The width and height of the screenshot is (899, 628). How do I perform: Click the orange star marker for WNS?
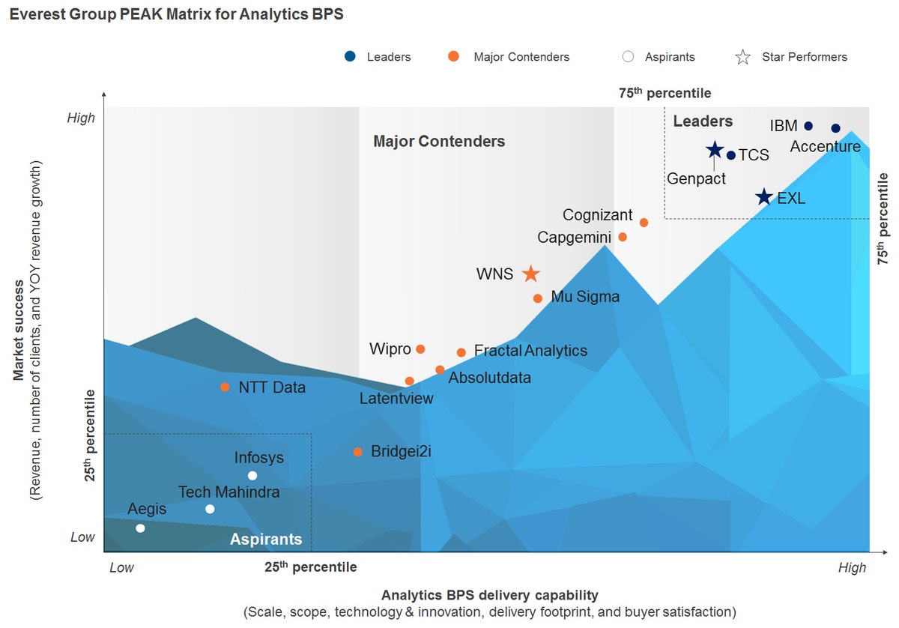coord(530,274)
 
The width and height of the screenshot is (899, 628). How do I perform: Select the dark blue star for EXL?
coord(763,197)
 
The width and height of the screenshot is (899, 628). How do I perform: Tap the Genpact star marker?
coord(715,150)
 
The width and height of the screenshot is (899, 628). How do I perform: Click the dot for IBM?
coord(808,126)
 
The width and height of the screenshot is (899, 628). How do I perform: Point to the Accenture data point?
coord(836,128)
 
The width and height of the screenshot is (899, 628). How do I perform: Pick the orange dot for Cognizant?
coord(644,223)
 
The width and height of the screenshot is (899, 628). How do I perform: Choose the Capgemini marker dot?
coord(622,237)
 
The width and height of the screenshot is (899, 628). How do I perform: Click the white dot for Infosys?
coord(252,476)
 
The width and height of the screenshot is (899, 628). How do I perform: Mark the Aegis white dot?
coord(140,528)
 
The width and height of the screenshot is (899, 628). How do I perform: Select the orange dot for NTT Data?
coord(225,387)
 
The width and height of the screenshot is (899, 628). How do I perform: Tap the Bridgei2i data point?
coord(357,452)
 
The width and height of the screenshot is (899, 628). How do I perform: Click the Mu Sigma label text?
coord(585,297)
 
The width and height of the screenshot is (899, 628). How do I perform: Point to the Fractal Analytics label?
coord(530,351)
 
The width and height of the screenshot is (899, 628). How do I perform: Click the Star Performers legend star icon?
coord(742,57)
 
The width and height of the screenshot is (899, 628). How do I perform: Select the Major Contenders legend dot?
coord(453,56)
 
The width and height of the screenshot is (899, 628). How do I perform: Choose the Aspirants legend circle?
coord(628,57)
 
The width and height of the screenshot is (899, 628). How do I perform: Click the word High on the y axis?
coord(81,118)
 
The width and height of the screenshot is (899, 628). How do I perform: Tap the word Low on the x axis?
coord(121,567)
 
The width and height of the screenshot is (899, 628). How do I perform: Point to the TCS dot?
coord(731,155)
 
